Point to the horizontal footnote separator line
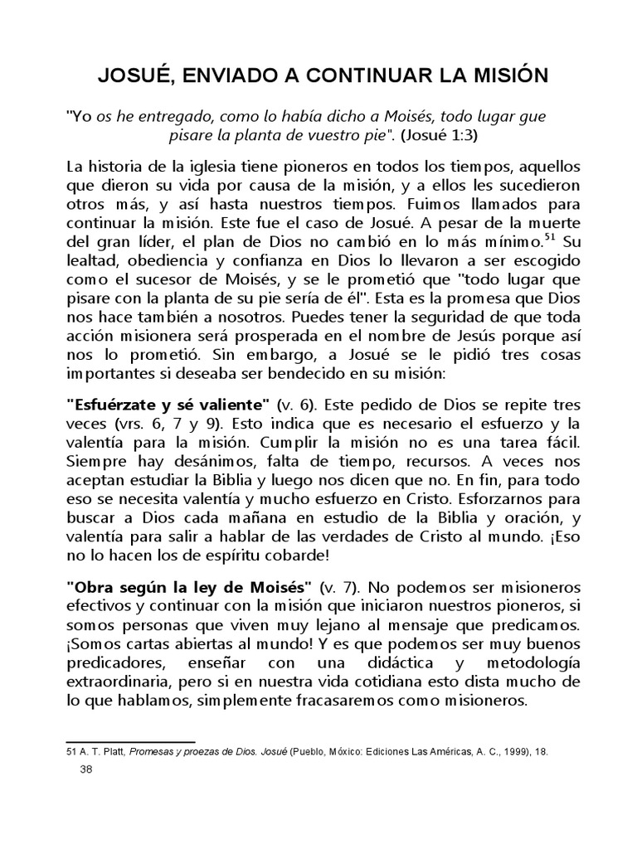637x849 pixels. (x=130, y=740)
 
